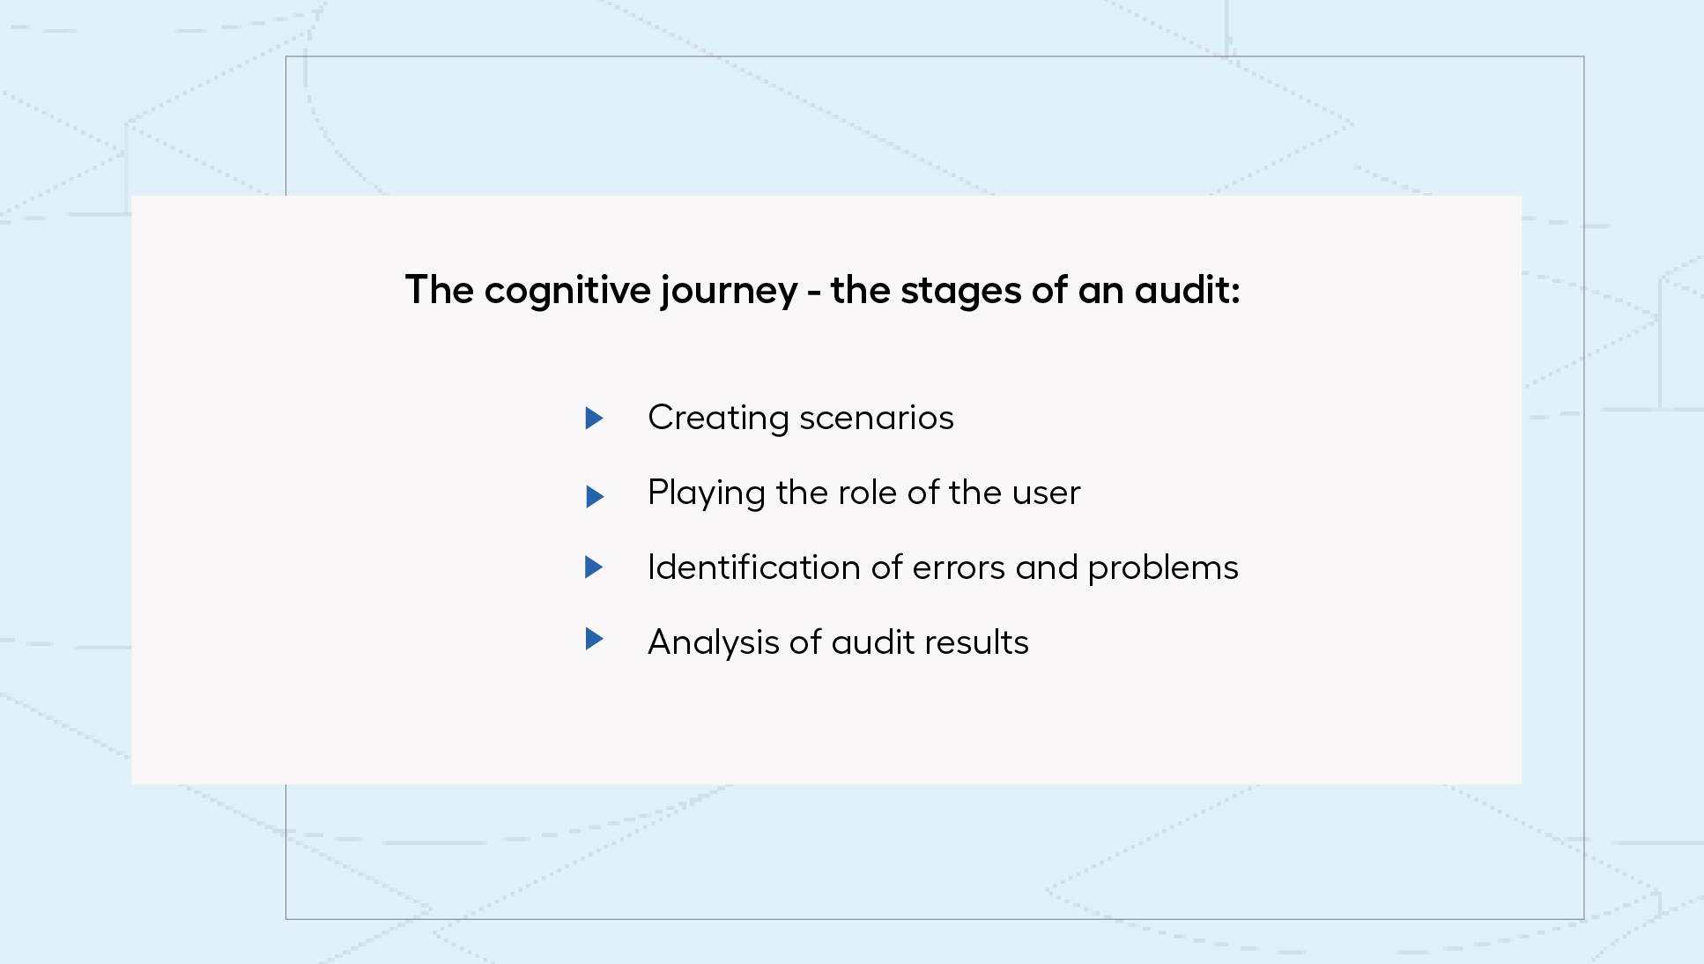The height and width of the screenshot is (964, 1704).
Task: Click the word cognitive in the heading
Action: [x=567, y=292]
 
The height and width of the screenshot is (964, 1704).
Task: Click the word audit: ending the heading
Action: [x=1187, y=290]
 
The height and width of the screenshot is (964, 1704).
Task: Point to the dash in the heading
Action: [x=814, y=293]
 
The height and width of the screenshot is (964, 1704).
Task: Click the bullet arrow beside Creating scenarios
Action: [x=595, y=418]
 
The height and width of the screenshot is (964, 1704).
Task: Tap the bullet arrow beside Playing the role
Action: [x=595, y=496]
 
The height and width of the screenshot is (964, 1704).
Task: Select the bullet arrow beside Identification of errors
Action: [x=595, y=567]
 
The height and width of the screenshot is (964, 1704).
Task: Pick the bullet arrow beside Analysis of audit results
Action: [x=595, y=639]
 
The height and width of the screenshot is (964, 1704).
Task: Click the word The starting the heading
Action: [x=440, y=290]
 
